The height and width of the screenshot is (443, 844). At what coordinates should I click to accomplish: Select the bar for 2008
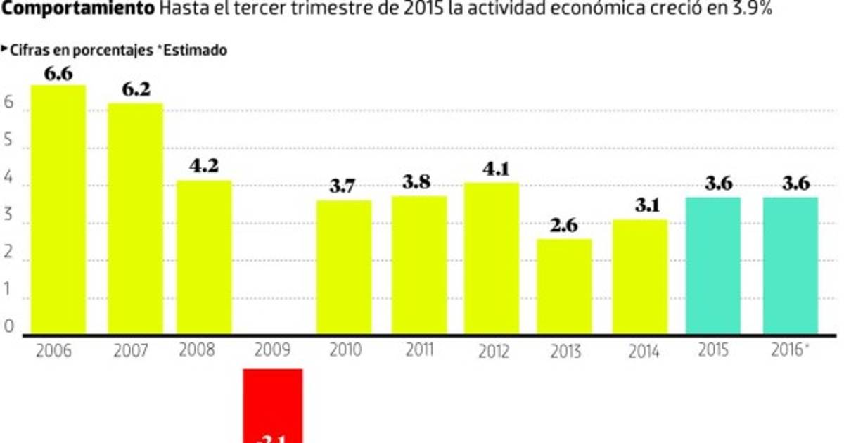[204, 257]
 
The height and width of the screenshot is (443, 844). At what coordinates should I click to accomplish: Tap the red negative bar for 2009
[273, 405]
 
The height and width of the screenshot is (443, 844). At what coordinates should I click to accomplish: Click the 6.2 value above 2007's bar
[136, 91]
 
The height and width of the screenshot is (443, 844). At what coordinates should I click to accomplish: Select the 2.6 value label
[564, 226]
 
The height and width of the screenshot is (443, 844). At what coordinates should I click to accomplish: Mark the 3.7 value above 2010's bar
[345, 187]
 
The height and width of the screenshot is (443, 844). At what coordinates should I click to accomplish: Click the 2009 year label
[273, 350]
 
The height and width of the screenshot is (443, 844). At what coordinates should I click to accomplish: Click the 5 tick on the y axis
[9, 139]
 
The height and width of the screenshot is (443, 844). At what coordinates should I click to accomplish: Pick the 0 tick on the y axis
[9, 326]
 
